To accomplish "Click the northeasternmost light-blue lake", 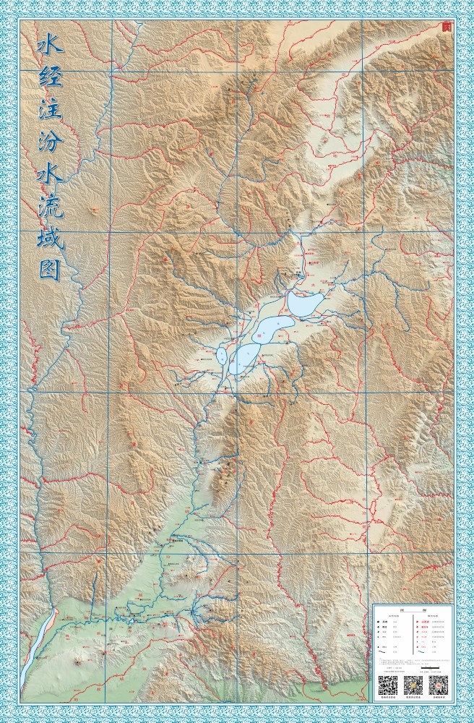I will point(306,303).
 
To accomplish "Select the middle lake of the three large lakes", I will point(271,330).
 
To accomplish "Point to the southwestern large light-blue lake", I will point(243,358).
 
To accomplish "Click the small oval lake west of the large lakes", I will point(221,355).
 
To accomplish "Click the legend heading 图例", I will point(413,610).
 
